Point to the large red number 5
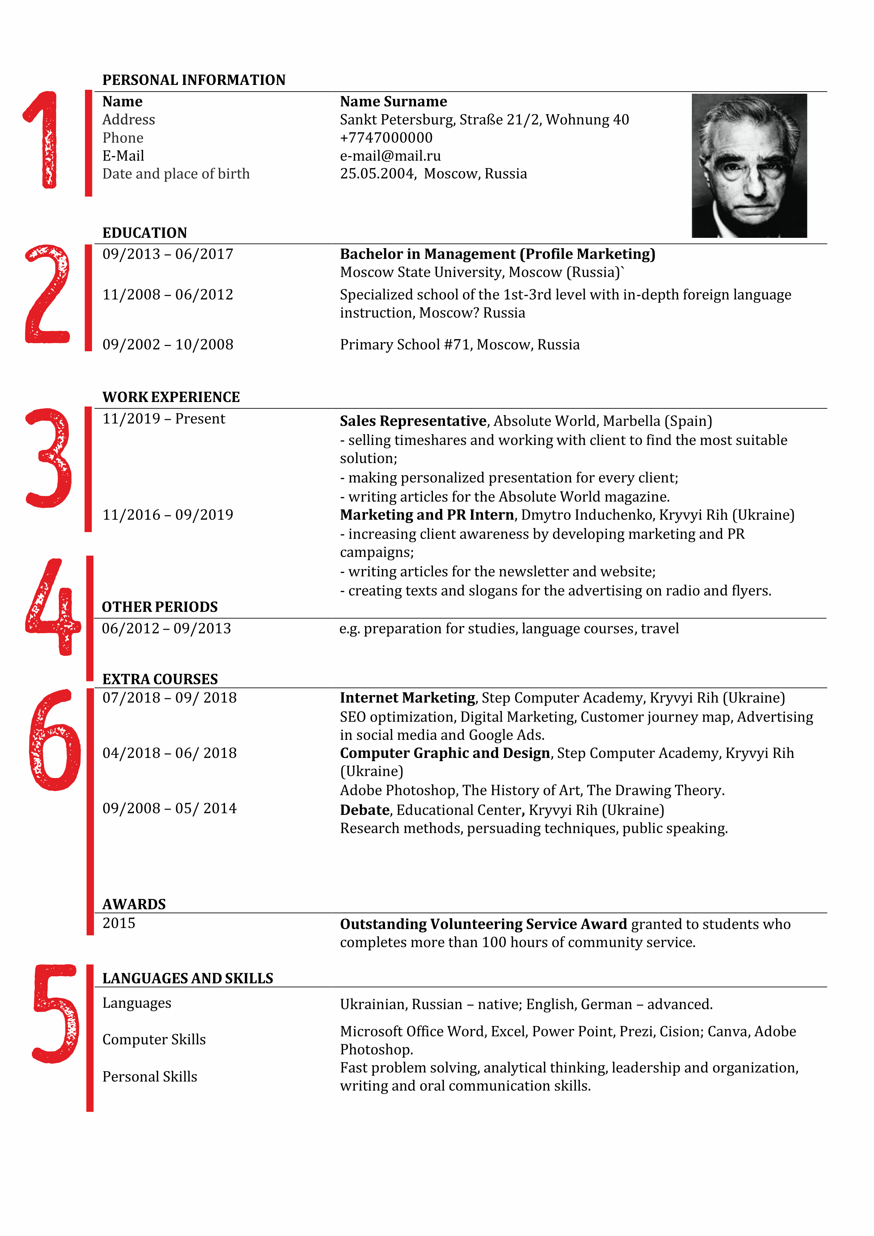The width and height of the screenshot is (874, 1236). tap(55, 1014)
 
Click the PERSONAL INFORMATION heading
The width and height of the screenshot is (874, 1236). tap(194, 80)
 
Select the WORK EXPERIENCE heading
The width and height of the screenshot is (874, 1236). tap(171, 397)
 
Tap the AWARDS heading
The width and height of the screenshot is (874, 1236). tap(134, 904)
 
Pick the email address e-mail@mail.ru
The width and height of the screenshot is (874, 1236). tap(390, 156)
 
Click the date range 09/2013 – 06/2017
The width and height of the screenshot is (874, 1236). tap(168, 254)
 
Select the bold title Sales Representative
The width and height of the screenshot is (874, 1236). tap(413, 421)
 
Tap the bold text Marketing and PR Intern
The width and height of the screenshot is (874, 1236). tap(427, 515)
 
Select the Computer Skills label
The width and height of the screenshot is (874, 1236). tap(154, 1039)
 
